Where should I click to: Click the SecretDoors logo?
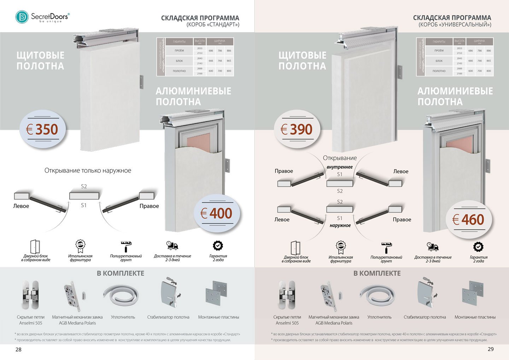[x=42, y=17]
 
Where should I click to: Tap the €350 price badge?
[x=42, y=129]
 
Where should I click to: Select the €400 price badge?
[x=216, y=213]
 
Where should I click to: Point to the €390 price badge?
[x=297, y=129]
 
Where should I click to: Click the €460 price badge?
[x=469, y=220]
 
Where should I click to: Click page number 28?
[x=18, y=349]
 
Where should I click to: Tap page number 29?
[x=491, y=349]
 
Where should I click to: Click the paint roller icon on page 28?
[x=126, y=246]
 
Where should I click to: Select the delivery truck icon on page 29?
[x=433, y=246]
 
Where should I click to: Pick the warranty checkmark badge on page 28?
[x=218, y=246]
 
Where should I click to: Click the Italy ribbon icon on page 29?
[x=341, y=247]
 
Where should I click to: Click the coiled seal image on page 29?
[x=377, y=296]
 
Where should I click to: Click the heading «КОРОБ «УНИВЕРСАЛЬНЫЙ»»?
[x=455, y=25]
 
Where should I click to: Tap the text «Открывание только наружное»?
[x=88, y=170]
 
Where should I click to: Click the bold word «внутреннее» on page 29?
[x=340, y=167]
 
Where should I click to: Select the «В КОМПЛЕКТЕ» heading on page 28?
[x=121, y=273]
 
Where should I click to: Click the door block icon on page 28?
[x=35, y=246]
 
